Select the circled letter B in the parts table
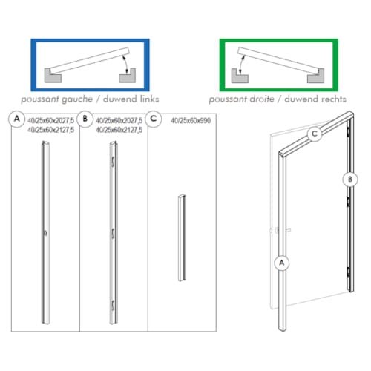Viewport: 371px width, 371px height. coord(87,119)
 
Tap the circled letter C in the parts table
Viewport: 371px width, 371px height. coord(154,119)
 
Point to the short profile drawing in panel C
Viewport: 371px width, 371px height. coord(180,237)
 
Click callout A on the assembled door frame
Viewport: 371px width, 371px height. coord(281,262)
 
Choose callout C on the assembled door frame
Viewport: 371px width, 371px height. coord(315,134)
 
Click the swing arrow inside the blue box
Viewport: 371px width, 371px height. coord(128,70)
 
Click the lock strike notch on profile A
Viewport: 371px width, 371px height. coord(46,234)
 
